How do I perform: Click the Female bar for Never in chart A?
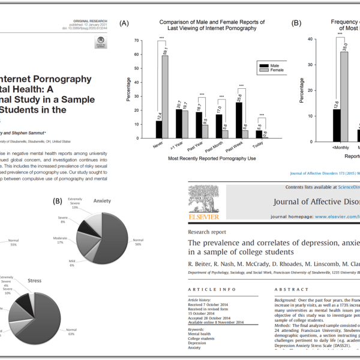[164, 97]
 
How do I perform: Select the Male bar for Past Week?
[239, 120]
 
